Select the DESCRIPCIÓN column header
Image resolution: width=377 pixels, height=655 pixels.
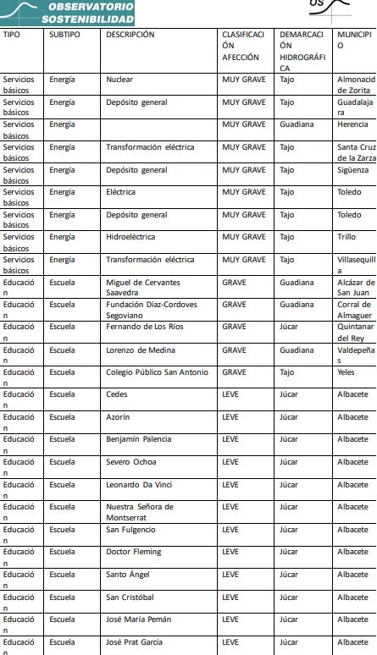tap(130, 35)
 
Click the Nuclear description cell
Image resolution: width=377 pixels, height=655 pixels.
tap(119, 80)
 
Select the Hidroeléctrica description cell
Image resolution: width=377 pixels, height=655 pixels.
tap(132, 238)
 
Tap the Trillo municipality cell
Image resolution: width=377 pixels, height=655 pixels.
tap(347, 238)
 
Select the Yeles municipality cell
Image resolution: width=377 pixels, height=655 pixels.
tap(347, 372)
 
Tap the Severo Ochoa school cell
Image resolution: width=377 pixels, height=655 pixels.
tap(130, 462)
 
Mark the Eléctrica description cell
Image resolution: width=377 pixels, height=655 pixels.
tap(122, 192)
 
